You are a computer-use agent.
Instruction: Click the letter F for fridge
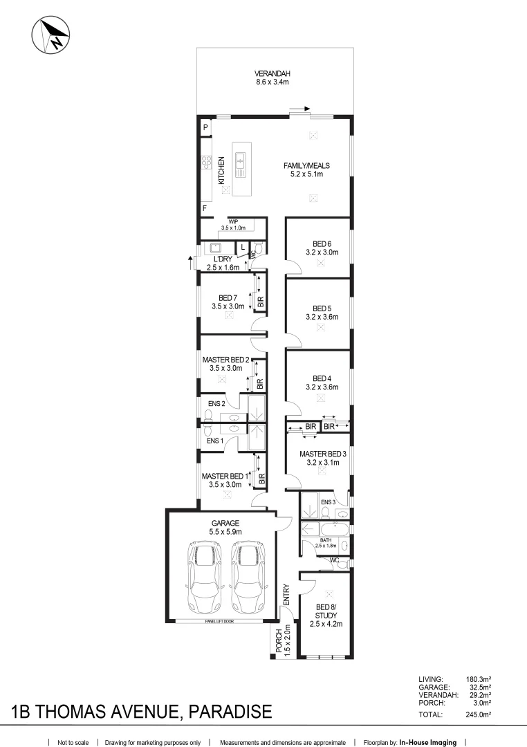205,208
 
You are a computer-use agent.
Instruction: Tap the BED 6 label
322,243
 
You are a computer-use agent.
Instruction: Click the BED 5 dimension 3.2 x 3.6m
322,317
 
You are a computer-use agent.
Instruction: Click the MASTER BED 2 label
225,360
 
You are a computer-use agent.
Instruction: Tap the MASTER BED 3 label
322,454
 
